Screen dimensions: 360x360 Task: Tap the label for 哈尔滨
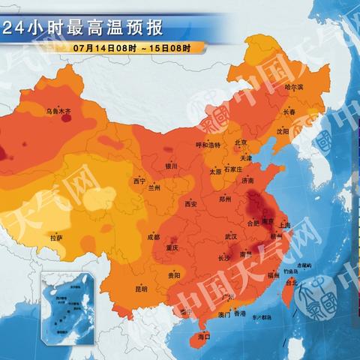point(294,87)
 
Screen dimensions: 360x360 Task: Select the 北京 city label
point(241,142)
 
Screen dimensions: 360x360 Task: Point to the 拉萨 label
point(56,238)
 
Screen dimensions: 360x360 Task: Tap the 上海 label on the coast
point(284,224)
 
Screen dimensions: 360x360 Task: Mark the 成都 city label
point(153,237)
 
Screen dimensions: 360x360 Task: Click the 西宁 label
point(139,181)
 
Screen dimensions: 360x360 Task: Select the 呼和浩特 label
point(208,145)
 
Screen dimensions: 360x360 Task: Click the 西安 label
point(190,203)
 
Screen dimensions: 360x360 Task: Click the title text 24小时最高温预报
point(82,29)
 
